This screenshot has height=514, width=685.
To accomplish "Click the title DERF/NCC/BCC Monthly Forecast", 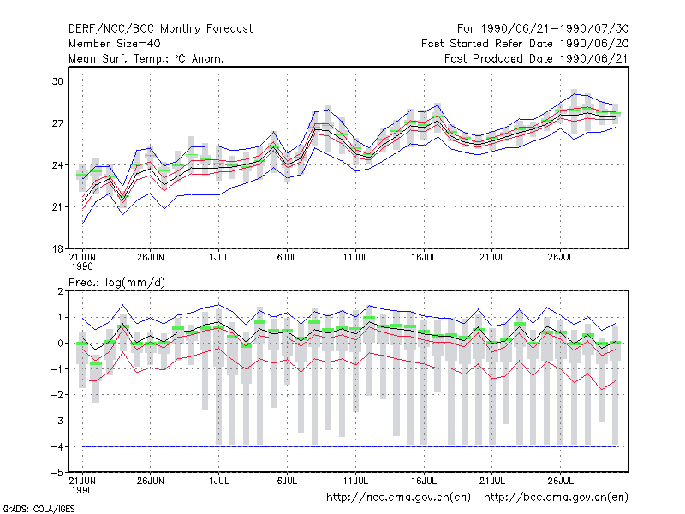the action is (x=160, y=29).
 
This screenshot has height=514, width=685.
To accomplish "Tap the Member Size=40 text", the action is (x=115, y=44).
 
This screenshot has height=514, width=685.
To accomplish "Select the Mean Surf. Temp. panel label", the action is (x=146, y=58).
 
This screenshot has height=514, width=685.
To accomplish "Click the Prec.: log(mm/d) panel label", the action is (x=116, y=283).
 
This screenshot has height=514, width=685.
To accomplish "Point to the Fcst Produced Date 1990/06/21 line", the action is (x=536, y=58).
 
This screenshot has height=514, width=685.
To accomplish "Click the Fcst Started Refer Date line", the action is (x=525, y=44).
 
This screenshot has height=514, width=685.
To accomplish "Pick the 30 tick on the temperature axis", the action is (x=57, y=81).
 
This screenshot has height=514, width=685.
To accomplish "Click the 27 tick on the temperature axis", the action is (x=57, y=123).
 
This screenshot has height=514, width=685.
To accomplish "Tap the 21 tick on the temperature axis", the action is (x=57, y=207).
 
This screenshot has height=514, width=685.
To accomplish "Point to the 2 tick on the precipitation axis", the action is (x=60, y=291).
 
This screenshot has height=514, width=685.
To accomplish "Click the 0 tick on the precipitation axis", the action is (x=60, y=344).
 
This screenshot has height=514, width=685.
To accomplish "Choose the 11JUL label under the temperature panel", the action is (x=355, y=257).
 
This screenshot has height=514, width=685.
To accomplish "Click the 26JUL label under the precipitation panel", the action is (x=561, y=481).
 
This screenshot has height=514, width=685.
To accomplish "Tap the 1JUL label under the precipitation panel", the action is (x=219, y=481).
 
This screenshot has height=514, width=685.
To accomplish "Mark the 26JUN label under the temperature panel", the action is (x=151, y=257).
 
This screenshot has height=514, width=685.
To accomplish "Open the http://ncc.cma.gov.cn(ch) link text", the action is (x=398, y=498).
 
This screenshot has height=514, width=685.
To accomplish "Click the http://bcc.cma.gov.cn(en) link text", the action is (x=556, y=498).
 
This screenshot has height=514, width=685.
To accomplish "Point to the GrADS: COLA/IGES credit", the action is (x=39, y=509).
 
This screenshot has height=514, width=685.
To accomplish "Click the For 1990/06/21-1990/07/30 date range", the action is (x=543, y=29).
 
